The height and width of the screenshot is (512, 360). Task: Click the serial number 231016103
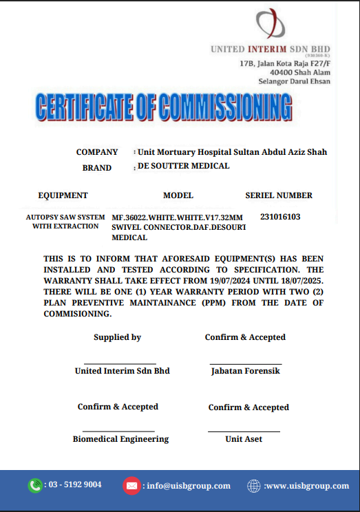pyautogui.click(x=280, y=217)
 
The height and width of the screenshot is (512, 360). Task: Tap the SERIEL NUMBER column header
pyautogui.click(x=279, y=195)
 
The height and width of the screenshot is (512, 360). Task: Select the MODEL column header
pyautogui.click(x=178, y=195)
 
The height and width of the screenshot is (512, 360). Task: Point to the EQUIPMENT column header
pyautogui.click(x=63, y=195)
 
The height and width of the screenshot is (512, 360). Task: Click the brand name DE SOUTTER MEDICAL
pyautogui.click(x=184, y=167)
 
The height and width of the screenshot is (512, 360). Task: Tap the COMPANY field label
pyautogui.click(x=97, y=152)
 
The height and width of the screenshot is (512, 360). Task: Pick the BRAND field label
pyautogui.click(x=97, y=168)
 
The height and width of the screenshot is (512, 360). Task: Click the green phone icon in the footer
pyautogui.click(x=34, y=485)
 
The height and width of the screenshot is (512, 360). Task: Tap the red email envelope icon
pyautogui.click(x=131, y=486)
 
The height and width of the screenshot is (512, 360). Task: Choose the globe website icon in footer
pyautogui.click(x=254, y=486)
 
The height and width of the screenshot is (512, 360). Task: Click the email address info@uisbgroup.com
pyautogui.click(x=189, y=486)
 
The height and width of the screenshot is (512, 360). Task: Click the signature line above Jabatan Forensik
pyautogui.click(x=246, y=364)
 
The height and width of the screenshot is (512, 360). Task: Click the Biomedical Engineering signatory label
pyautogui.click(x=120, y=439)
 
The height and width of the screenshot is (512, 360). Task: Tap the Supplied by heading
pyautogui.click(x=117, y=337)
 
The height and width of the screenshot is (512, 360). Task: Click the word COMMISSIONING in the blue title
pyautogui.click(x=226, y=109)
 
